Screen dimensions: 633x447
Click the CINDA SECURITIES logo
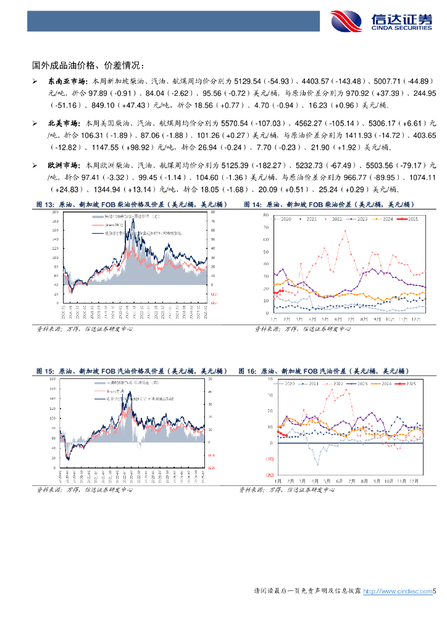(381, 21)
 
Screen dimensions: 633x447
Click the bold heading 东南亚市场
(69, 81)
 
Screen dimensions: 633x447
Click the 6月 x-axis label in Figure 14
(338, 318)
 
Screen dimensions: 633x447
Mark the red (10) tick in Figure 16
(270, 459)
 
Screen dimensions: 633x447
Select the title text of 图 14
(328, 204)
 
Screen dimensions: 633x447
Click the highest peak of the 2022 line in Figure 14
(345, 231)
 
